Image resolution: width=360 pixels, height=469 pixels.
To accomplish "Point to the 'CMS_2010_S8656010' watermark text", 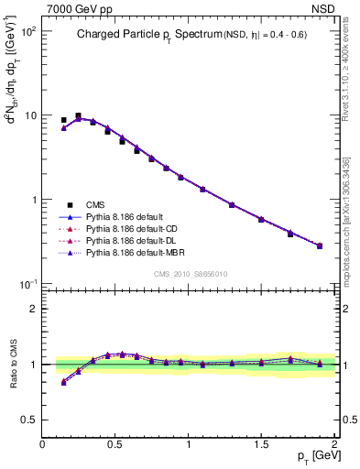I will point(190,274).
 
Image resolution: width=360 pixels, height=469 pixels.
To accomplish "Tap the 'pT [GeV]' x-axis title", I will point(312,455).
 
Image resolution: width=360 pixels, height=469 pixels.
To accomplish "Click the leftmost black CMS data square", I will point(63,120).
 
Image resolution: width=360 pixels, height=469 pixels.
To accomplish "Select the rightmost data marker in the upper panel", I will point(319,245).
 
